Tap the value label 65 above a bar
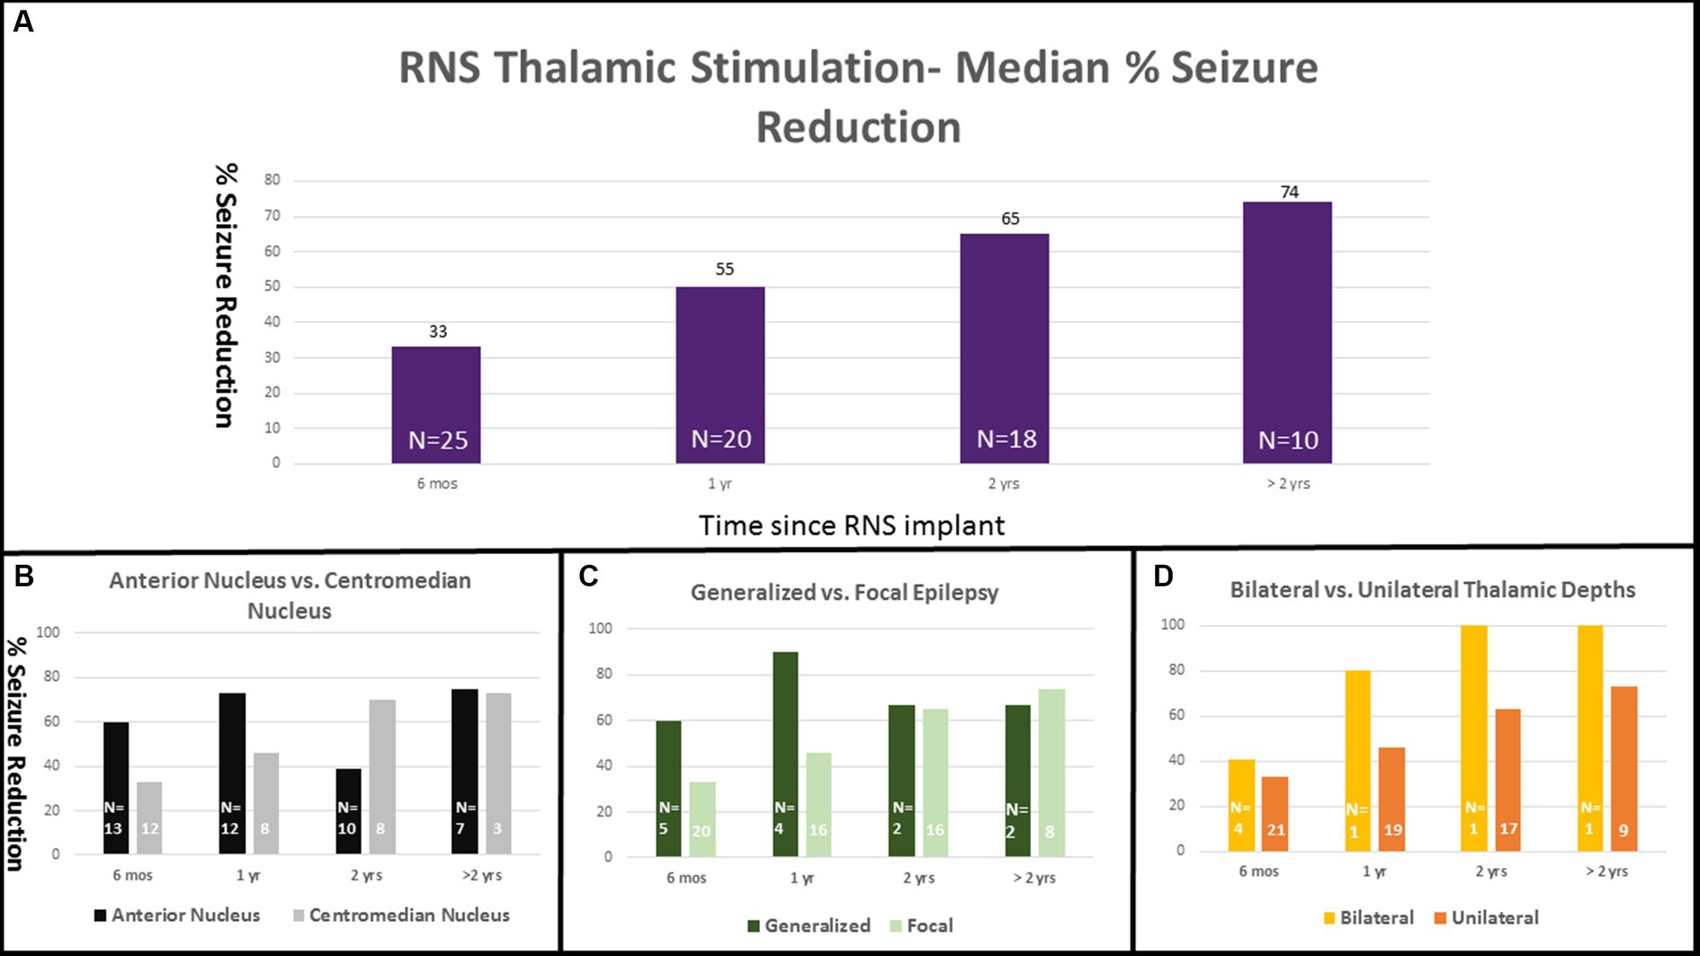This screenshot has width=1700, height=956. [x=1010, y=219]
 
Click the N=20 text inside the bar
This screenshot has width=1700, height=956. [x=720, y=439]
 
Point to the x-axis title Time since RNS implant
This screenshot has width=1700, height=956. [x=851, y=525]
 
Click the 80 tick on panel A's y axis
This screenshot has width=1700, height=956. [x=272, y=180]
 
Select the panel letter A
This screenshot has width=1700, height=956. [x=23, y=21]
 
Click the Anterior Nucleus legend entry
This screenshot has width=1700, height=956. [x=177, y=915]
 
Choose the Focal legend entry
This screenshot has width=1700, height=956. [x=921, y=925]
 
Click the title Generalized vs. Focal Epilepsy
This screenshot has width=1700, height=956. [x=844, y=593]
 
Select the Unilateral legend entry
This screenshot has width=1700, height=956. [x=1486, y=917]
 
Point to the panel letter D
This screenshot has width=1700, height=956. [x=1163, y=576]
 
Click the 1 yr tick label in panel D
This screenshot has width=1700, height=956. [x=1373, y=871]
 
